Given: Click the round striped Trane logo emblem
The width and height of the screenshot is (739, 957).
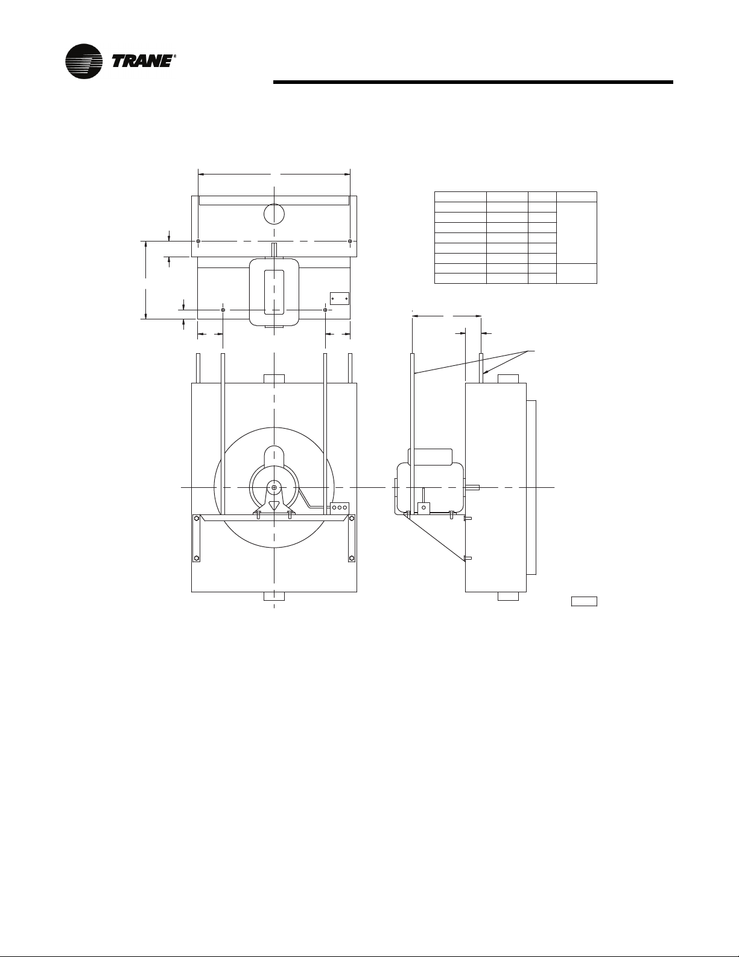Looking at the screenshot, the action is tap(84, 61).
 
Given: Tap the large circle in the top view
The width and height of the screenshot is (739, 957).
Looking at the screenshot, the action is tap(274, 214).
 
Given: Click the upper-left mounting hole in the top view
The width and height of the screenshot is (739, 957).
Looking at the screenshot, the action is tap(199, 242).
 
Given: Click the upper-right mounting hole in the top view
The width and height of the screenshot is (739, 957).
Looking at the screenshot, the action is tap(350, 242).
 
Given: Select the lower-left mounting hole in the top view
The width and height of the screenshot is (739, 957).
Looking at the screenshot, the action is tap(223, 310).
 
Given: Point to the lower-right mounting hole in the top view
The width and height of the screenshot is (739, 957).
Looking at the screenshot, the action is tap(325, 310).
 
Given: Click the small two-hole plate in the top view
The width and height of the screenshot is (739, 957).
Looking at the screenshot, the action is tap(340, 299).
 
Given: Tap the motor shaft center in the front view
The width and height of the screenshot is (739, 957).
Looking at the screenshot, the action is tap(274, 487).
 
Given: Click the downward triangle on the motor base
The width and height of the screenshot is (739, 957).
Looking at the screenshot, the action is tap(274, 505).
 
